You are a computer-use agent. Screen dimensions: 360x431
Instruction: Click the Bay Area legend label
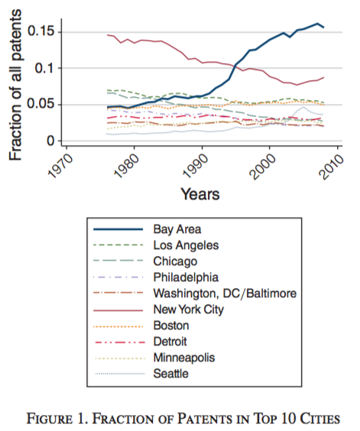[x=177, y=229]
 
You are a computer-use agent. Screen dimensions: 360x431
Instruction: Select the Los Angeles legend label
[x=186, y=245]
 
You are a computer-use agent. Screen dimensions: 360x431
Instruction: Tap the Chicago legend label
[x=175, y=261]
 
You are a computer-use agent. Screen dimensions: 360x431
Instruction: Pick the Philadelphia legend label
[x=186, y=277]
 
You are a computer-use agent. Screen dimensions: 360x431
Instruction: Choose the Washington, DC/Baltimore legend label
[x=225, y=293]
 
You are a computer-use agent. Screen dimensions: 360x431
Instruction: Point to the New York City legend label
[x=188, y=309]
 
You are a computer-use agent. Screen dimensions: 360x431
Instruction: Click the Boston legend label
[x=171, y=326]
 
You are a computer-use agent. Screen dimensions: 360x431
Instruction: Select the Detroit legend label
[x=170, y=342]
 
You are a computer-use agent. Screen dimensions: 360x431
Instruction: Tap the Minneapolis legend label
[x=184, y=358]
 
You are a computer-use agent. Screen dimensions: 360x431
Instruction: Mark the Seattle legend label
[x=170, y=374]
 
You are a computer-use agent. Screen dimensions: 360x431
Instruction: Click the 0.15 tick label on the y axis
[x=41, y=31]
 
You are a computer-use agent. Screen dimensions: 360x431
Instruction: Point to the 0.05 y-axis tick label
[x=41, y=104]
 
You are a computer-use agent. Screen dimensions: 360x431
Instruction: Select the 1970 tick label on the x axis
[x=60, y=166]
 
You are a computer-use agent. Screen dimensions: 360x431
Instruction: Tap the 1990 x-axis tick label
[x=196, y=166]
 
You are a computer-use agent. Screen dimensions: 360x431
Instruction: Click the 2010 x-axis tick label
[x=331, y=166]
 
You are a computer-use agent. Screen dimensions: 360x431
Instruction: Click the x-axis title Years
[x=200, y=194]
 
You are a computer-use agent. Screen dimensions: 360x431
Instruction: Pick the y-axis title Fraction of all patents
[x=15, y=85]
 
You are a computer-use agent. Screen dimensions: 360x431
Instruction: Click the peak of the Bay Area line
[x=317, y=24]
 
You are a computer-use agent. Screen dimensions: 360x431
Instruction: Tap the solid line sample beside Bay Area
[x=118, y=229]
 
